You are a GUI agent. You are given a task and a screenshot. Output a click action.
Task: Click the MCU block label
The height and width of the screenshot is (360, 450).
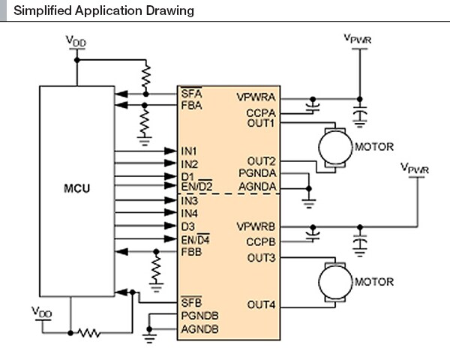pos(76,187)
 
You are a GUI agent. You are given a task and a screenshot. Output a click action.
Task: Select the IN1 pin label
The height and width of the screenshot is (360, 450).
pos(189,151)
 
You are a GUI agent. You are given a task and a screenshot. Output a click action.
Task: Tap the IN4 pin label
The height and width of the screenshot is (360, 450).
pos(189,214)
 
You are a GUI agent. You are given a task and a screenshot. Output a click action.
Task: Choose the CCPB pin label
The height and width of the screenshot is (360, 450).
pos(261,241)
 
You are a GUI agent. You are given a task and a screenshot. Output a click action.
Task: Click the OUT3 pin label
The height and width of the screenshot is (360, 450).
pos(262,259)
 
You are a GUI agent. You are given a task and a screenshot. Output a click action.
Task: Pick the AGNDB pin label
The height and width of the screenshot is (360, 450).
pos(199,328)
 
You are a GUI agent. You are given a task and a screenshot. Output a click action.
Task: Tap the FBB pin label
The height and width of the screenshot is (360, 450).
pos(190,251)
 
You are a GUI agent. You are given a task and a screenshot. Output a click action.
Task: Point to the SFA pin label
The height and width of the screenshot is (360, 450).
pos(190,93)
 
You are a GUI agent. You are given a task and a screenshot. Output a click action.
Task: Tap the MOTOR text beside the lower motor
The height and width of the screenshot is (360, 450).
pos(374,282)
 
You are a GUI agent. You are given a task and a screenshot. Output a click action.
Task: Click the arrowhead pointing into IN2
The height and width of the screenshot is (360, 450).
pos(171,163)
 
